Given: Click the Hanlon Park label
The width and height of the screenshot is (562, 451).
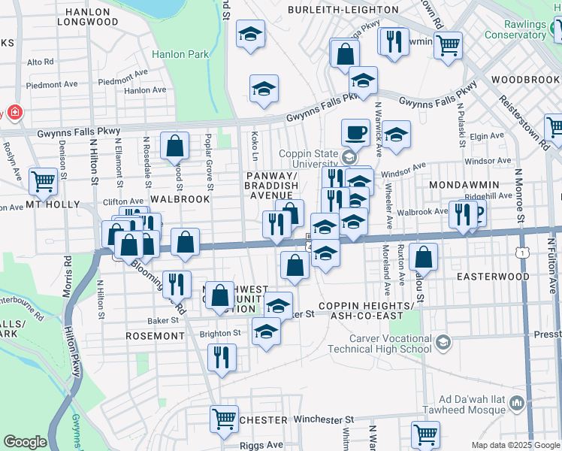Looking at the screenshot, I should coord(174,54).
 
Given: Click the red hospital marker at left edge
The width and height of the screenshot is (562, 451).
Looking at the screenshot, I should coord(14,114).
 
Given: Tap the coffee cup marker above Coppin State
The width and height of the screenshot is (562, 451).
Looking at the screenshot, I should coord(355,132).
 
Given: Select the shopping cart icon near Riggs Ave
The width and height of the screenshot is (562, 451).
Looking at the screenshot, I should coord(224,419).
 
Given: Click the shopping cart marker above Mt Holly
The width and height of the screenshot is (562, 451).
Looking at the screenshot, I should coord(43,180).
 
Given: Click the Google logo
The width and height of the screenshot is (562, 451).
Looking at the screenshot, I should coord(25,442).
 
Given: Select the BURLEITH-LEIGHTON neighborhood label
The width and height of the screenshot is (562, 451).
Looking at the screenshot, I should coord(344,10).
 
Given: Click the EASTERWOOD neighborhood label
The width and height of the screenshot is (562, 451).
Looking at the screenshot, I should coord(493,277).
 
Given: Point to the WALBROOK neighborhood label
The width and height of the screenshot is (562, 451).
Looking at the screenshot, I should coord(179,199).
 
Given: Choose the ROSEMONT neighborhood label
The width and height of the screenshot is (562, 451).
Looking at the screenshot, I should coord(156,336).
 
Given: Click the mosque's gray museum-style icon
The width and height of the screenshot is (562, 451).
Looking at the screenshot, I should coord(516,404).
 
